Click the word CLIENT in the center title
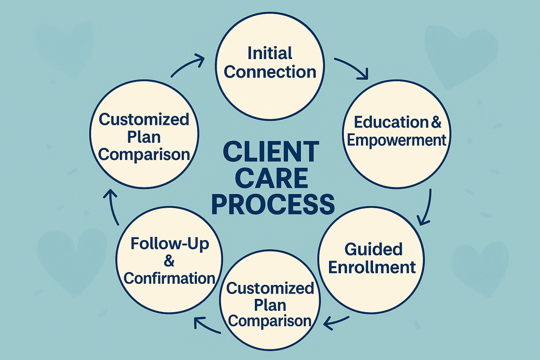point(271,152)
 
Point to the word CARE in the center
point(271,178)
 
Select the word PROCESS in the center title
point(273,204)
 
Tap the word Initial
point(270,53)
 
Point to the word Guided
point(373,249)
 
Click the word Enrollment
point(372,267)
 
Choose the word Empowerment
point(396,140)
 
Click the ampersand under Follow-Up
point(169,261)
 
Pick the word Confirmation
point(169,278)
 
